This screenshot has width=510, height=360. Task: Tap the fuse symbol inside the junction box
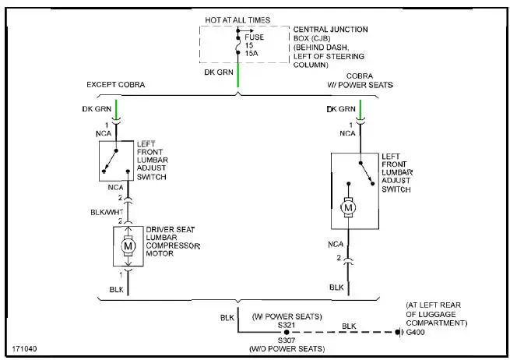238,44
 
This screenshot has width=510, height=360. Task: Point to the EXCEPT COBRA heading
116,84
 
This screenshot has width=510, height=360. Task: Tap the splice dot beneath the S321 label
286,332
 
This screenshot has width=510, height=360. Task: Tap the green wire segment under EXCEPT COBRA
118,108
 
